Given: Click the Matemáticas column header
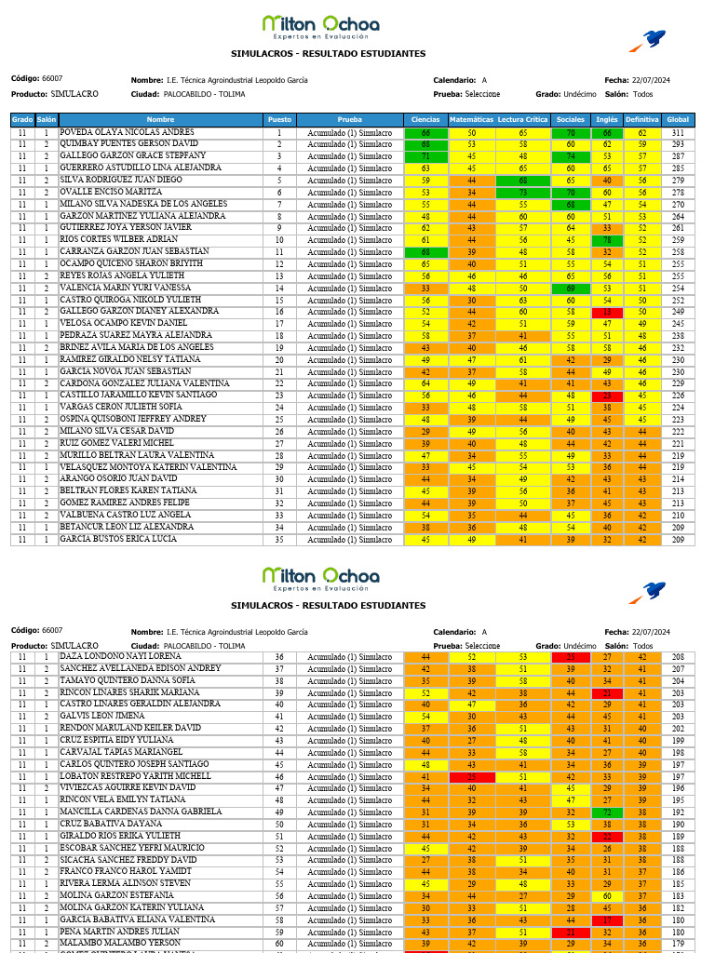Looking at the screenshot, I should click(x=471, y=120).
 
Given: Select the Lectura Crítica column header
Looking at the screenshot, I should click(x=522, y=120).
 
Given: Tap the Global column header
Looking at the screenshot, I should click(x=678, y=120).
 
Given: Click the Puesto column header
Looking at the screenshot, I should click(x=278, y=120).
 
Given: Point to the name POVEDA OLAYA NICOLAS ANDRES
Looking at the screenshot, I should click(x=127, y=133).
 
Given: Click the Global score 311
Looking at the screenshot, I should click(x=678, y=133).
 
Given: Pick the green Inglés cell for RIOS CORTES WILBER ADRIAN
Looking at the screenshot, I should click(x=606, y=240).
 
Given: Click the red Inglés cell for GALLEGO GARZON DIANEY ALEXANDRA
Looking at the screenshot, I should click(x=606, y=312).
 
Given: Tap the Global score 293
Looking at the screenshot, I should click(x=678, y=145).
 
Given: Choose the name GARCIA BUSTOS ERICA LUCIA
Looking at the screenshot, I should click(x=118, y=540).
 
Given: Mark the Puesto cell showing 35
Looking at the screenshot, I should click(x=278, y=540).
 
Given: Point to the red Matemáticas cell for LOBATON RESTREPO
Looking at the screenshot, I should click(x=471, y=776).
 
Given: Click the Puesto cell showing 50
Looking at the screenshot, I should click(x=278, y=825).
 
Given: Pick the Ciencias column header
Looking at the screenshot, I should click(x=425, y=120).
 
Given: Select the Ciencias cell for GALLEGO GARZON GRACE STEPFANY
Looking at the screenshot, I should click(x=425, y=156).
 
